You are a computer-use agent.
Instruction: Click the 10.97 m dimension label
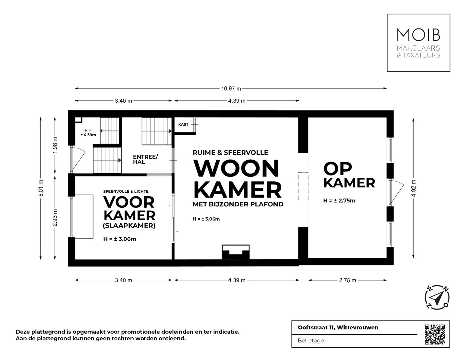pos(231,88)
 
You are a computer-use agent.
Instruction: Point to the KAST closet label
pos(183,124)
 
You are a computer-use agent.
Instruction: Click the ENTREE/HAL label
pos(145,159)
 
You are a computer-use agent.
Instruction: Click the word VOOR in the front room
pos(129,202)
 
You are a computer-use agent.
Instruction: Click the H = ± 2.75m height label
pos(339,201)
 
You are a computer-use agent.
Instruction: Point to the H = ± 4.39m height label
pos(88,133)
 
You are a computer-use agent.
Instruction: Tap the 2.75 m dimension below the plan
pos(348,280)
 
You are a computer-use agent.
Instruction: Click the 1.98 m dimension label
pos(55,145)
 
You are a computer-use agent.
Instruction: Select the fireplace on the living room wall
pos(236,252)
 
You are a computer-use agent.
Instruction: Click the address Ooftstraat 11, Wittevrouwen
pos(338,328)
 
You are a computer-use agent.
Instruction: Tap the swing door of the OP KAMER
pos(397,192)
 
